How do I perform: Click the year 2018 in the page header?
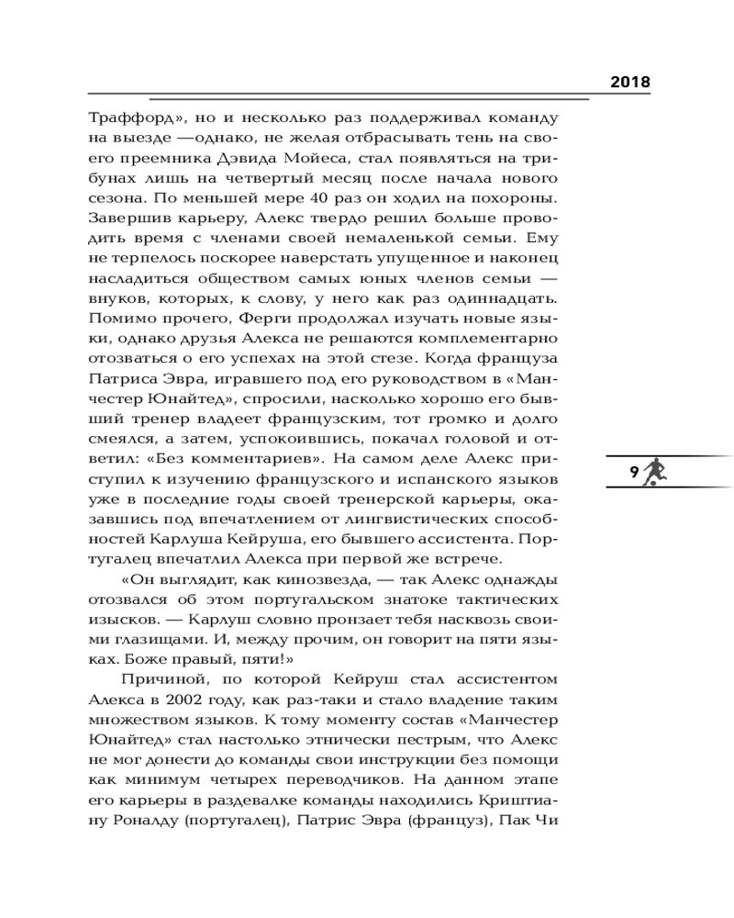(x=630, y=82)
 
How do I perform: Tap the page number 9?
(x=634, y=473)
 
